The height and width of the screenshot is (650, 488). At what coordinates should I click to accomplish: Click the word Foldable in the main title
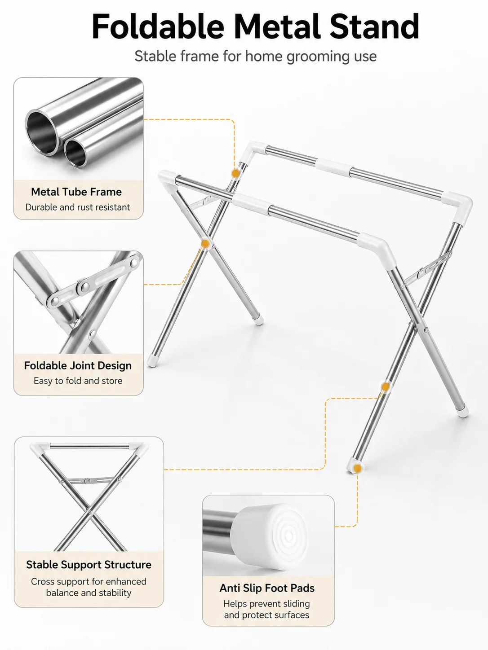[158, 26]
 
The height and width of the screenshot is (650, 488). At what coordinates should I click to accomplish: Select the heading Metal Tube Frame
[76, 192]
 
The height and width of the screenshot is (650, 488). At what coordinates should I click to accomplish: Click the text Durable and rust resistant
[78, 207]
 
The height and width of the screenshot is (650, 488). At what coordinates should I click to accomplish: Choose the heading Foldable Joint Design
[78, 366]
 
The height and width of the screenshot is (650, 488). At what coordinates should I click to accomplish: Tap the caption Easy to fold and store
[78, 381]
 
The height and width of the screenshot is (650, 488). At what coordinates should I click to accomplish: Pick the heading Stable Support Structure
[89, 565]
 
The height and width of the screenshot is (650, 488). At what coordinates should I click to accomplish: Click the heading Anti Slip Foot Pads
[267, 588]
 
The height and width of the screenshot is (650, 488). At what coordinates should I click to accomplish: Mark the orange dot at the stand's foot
[358, 468]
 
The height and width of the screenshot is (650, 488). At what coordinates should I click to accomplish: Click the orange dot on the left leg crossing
[205, 244]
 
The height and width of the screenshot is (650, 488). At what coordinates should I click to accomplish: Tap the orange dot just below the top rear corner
[235, 173]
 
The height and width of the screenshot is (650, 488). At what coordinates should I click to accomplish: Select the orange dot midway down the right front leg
[385, 387]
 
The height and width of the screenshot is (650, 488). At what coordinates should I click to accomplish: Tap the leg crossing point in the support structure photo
[90, 511]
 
